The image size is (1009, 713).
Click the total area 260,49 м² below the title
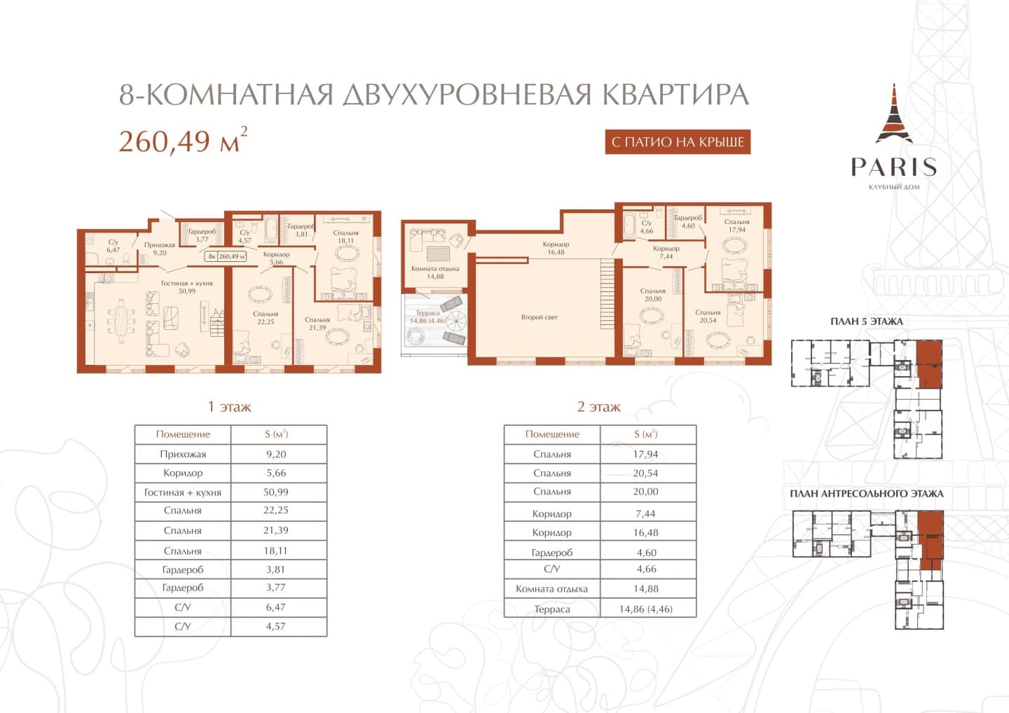(183, 140)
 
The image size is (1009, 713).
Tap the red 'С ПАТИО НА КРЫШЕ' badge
(678, 141)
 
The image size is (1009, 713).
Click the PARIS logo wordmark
(894, 167)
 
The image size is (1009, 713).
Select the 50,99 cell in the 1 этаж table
(275, 492)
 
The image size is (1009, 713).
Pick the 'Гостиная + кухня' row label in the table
(183, 492)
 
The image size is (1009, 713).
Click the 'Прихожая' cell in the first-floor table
(183, 454)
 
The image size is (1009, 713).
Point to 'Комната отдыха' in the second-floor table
(552, 589)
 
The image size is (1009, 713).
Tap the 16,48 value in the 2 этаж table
(645, 532)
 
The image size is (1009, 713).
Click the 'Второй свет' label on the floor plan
(540, 317)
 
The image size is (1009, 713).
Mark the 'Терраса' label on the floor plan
(427, 313)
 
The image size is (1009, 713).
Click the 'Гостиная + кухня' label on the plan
(187, 283)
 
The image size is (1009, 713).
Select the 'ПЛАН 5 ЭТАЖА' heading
(867, 321)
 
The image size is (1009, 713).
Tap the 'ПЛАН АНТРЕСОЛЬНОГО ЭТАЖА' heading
(867, 493)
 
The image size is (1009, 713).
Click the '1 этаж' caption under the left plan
(229, 407)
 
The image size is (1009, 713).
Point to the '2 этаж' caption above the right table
(598, 407)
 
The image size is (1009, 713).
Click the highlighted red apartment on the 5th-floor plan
(930, 364)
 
